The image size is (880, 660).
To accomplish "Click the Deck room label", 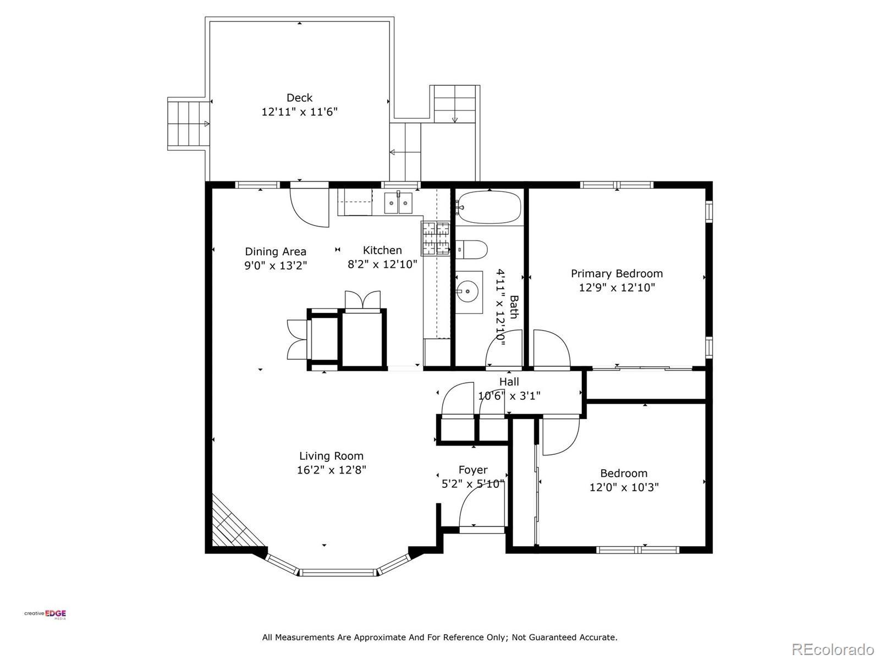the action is (299, 98).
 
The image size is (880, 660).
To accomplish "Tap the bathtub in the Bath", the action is (489, 207).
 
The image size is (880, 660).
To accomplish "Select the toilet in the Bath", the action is (472, 250).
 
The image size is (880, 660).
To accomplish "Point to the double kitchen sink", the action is (398, 203).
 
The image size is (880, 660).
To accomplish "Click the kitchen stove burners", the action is (436, 239).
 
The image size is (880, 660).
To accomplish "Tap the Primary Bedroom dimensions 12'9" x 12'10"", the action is (617, 287).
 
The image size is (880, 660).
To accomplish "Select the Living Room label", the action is (331, 456).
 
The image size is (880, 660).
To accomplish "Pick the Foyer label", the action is (473, 470).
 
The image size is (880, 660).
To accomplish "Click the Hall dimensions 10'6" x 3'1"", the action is (509, 396).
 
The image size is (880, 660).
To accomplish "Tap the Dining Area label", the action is (276, 252).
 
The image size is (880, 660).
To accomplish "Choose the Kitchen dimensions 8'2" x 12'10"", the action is (382, 264).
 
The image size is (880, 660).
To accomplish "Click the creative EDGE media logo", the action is (45, 614).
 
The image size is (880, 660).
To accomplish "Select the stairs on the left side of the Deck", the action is (189, 124).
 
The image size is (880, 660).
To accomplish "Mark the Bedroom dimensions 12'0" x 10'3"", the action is (624, 487).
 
